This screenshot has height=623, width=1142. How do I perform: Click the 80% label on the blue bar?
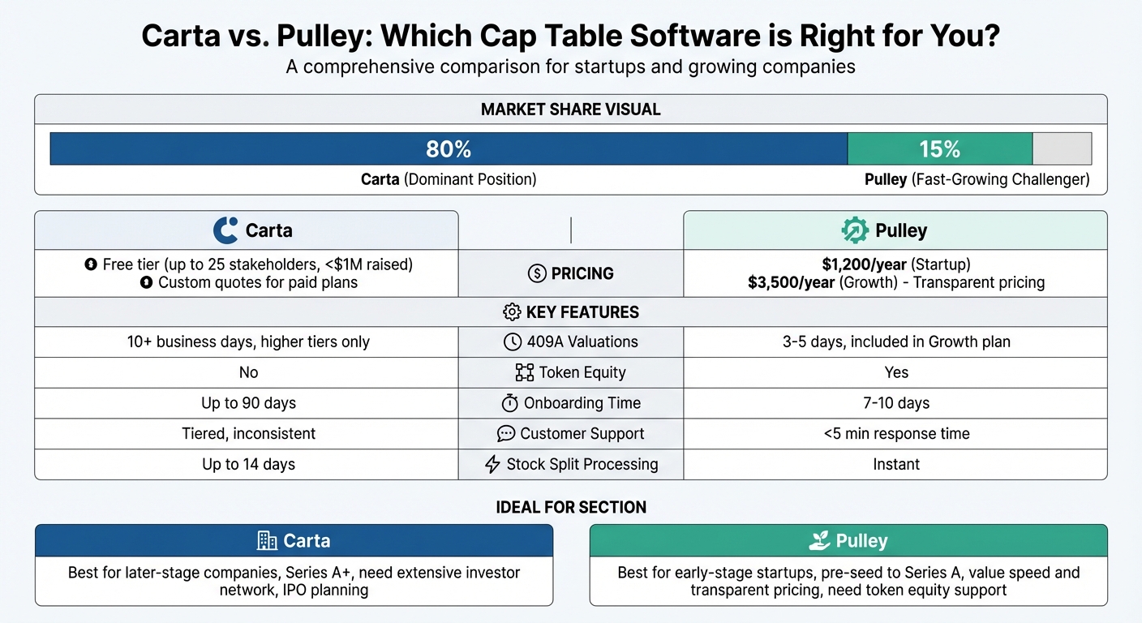(449, 149)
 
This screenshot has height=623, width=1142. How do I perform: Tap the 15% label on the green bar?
(939, 149)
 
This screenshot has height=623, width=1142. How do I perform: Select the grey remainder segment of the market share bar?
(1062, 149)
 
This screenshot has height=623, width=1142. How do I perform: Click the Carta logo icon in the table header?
(225, 230)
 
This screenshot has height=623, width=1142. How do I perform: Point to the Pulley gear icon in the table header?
(855, 230)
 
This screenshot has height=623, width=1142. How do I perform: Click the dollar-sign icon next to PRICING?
(537, 273)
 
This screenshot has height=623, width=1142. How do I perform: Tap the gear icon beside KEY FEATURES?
(512, 312)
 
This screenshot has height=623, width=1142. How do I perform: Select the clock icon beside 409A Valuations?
(513, 342)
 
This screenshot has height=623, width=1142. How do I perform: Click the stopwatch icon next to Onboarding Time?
(510, 403)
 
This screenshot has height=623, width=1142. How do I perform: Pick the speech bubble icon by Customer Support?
(506, 434)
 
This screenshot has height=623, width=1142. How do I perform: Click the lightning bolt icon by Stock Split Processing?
(492, 465)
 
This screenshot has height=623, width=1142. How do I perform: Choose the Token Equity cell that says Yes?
(896, 372)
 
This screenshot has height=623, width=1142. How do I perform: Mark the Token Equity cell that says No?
(248, 372)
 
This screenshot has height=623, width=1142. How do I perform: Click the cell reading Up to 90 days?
(248, 403)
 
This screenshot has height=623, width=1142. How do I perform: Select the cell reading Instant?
(895, 465)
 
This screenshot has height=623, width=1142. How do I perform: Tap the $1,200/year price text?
(865, 264)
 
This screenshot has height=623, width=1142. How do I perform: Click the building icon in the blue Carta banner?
(267, 541)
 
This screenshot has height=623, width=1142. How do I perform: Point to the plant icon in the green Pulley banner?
(819, 541)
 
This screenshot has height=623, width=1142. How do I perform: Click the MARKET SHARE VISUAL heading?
(570, 110)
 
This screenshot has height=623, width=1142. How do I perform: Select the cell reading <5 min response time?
(896, 434)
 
